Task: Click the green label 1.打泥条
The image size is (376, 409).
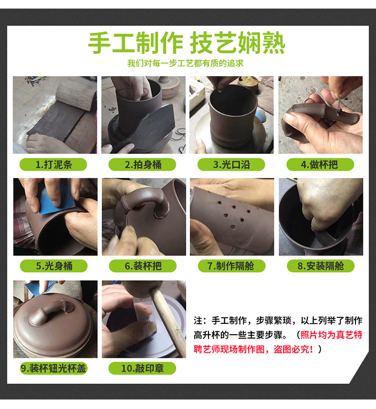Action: point(53,164)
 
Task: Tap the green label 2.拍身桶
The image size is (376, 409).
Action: point(142,164)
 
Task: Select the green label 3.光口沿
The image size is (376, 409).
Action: point(231,164)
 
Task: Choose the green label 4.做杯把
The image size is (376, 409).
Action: point(320,164)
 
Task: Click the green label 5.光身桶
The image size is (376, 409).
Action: point(54,266)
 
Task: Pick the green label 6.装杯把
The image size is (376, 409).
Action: point(143,266)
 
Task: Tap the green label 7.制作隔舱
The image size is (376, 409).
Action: point(232,266)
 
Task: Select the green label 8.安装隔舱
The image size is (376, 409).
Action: point(321,266)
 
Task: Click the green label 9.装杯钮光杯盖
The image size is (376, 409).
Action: point(54,368)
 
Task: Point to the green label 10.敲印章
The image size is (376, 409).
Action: point(142,368)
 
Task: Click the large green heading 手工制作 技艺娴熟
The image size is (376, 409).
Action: point(186,43)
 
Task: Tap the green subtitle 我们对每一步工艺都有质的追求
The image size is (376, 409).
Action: point(185,63)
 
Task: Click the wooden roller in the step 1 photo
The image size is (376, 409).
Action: point(76,95)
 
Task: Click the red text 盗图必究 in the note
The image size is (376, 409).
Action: point(293,349)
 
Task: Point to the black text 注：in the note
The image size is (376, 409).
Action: point(201,321)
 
